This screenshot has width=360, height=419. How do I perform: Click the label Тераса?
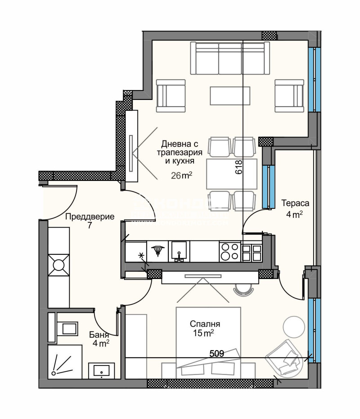click(x=292, y=202)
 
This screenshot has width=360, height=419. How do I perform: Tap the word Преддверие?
click(x=90, y=216)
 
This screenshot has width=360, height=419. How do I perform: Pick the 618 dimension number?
click(x=238, y=168)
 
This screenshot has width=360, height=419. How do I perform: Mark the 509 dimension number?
click(x=217, y=354)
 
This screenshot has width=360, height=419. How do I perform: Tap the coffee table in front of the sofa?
click(x=227, y=95)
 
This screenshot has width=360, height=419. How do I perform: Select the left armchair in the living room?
click(x=171, y=95)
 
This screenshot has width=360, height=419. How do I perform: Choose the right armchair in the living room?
click(x=289, y=95)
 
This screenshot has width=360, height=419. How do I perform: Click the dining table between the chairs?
click(x=231, y=173)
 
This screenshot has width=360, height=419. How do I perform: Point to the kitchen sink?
click(x=179, y=251)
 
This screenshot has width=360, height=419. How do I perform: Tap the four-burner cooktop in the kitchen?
click(x=229, y=251)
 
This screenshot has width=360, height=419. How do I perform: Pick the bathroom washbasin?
click(x=103, y=371)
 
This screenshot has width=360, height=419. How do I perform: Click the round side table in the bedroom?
click(x=294, y=326)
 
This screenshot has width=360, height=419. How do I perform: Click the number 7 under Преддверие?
click(x=90, y=225)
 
